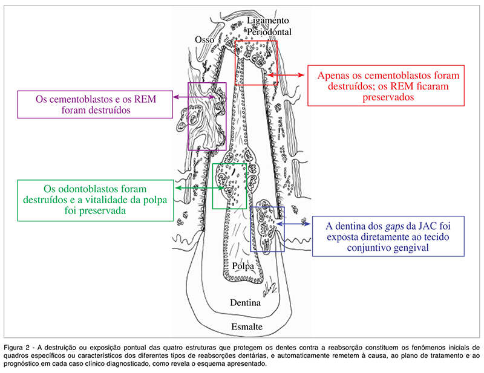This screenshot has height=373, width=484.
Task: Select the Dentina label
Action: [245, 300]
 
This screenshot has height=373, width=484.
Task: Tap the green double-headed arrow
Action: [194, 189]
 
